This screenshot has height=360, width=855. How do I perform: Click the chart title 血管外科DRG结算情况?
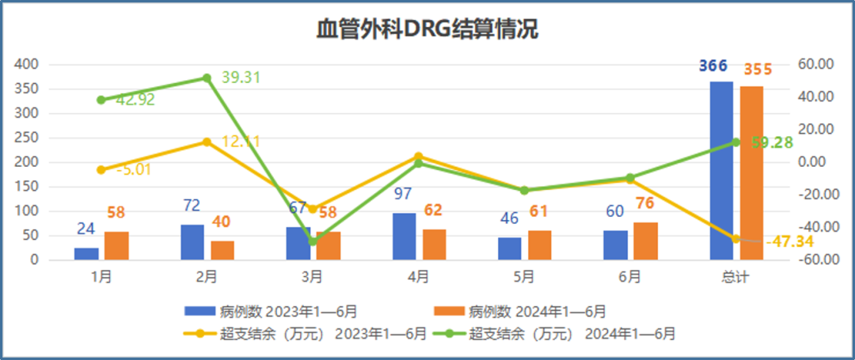427,30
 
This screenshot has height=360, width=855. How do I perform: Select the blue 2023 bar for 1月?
86,253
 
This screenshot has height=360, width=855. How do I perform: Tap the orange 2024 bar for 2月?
222,250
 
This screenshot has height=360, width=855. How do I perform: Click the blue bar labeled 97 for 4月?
404,236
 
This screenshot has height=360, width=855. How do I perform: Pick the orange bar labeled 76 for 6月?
645,241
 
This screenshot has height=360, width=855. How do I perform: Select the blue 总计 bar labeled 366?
721,170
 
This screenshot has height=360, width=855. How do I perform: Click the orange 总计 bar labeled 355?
752,172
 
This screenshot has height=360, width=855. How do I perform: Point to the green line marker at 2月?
207,78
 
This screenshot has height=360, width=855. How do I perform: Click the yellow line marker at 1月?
101,170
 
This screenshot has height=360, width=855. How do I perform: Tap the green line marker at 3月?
313,241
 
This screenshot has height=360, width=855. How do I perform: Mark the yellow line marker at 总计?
735,238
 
